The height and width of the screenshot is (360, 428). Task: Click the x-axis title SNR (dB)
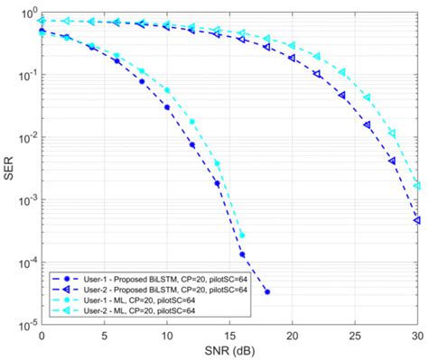point(229,351)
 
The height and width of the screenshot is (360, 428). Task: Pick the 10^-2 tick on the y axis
point(27,137)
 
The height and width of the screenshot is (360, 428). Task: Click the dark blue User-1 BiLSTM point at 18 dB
point(267,291)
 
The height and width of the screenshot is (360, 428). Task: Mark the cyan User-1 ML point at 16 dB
point(242,235)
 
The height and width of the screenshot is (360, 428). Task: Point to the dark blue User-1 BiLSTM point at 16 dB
point(242,254)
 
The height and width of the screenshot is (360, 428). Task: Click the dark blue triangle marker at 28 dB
point(392,162)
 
